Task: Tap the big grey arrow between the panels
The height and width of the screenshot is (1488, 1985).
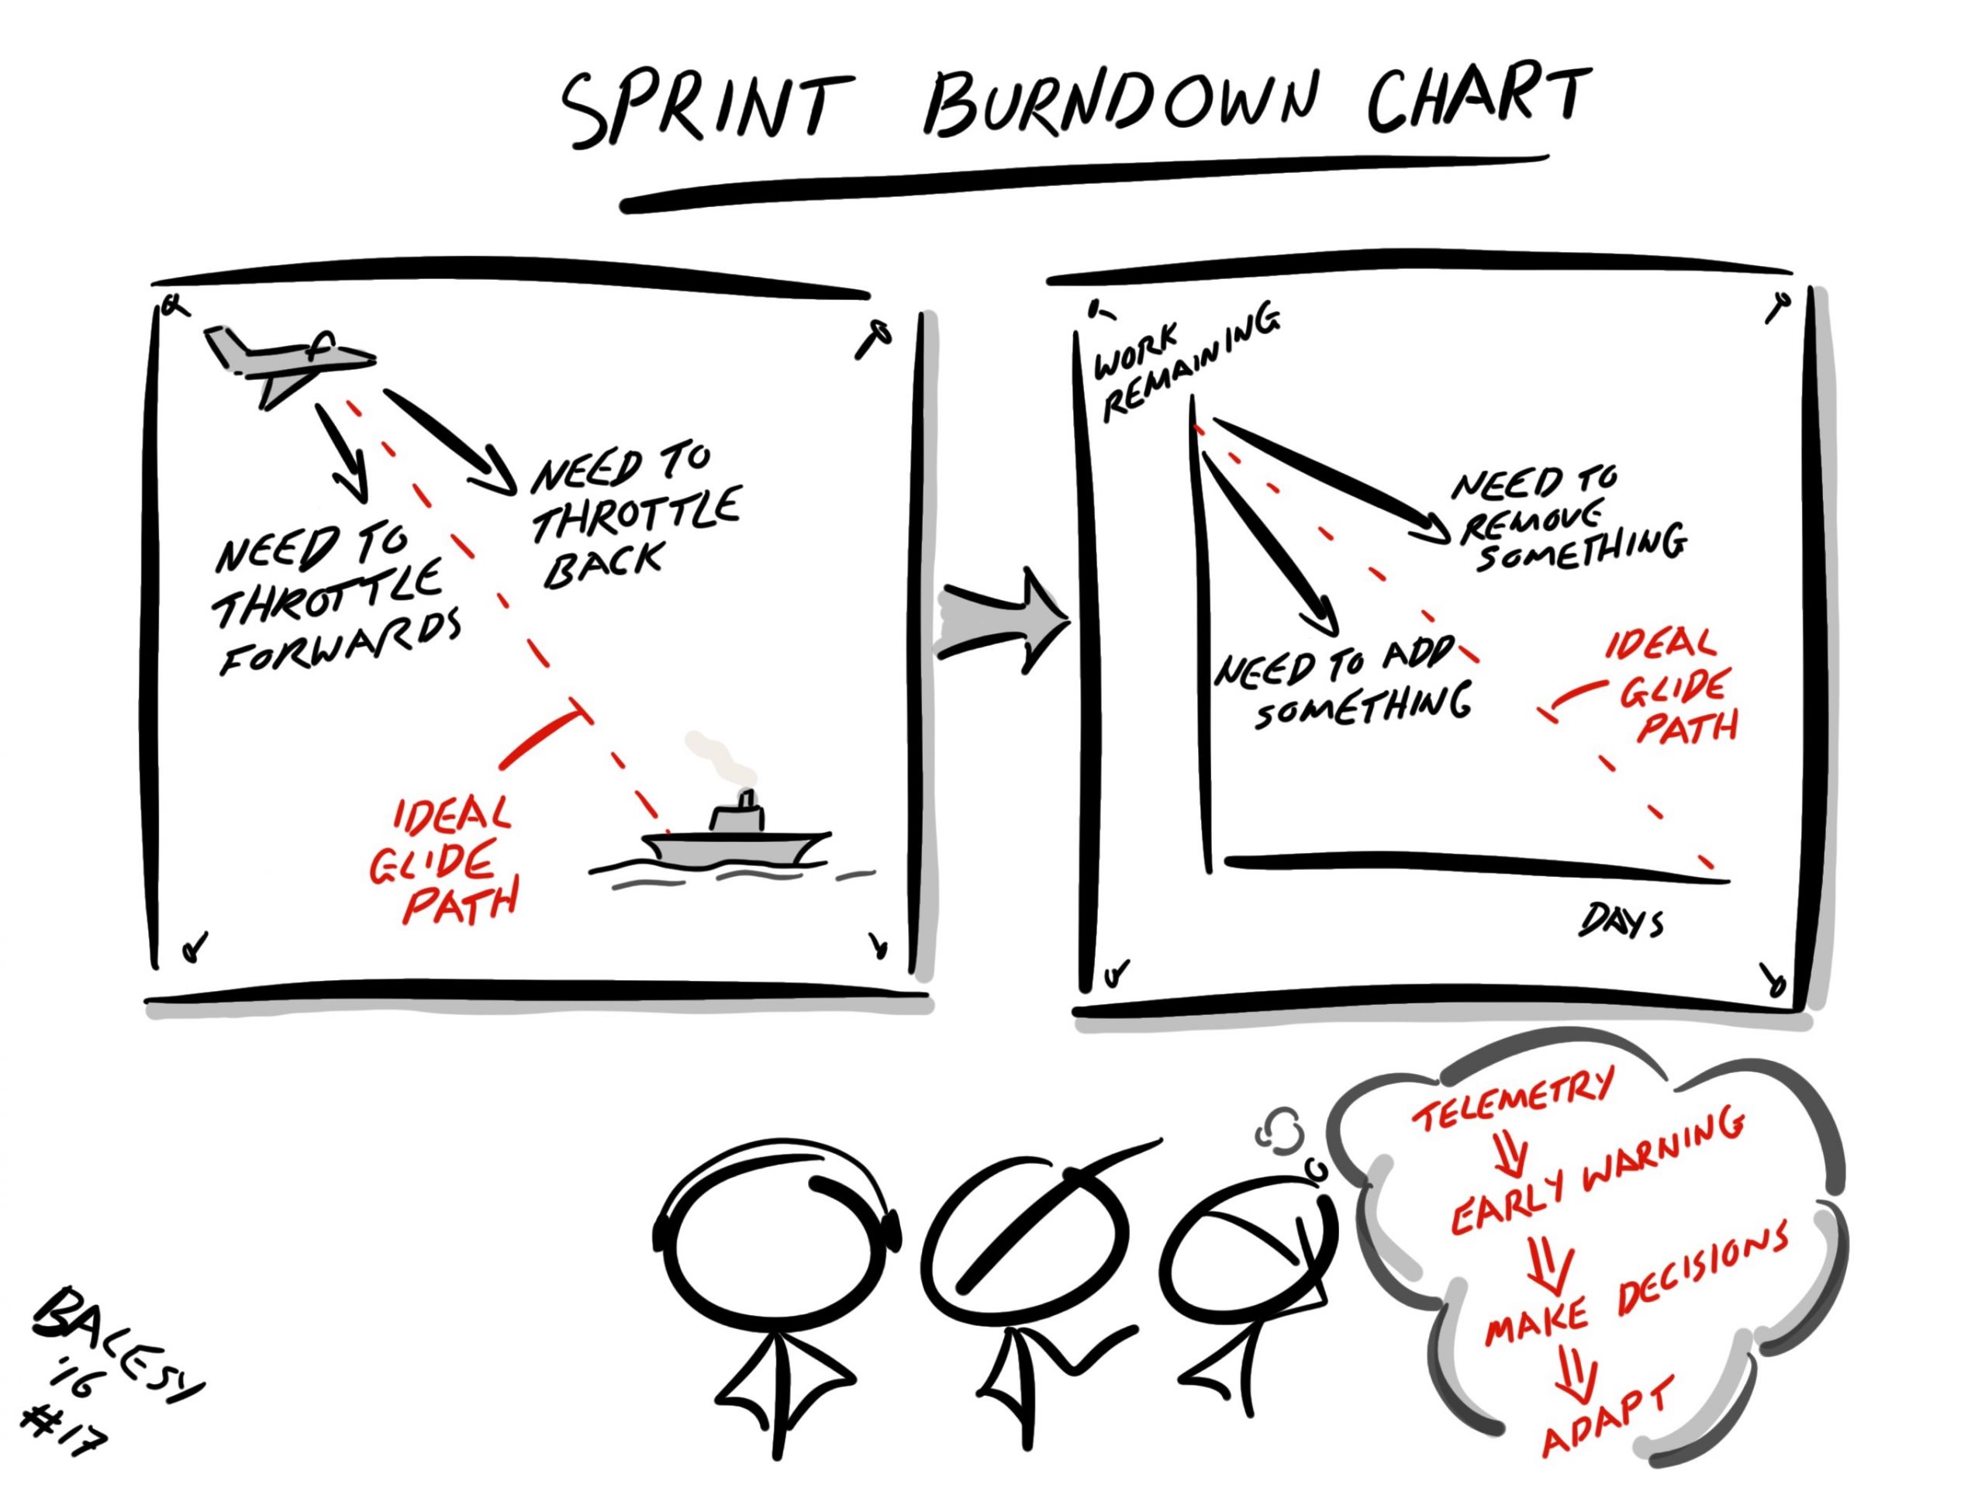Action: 1000,620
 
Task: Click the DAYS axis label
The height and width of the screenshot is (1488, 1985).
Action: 1621,920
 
